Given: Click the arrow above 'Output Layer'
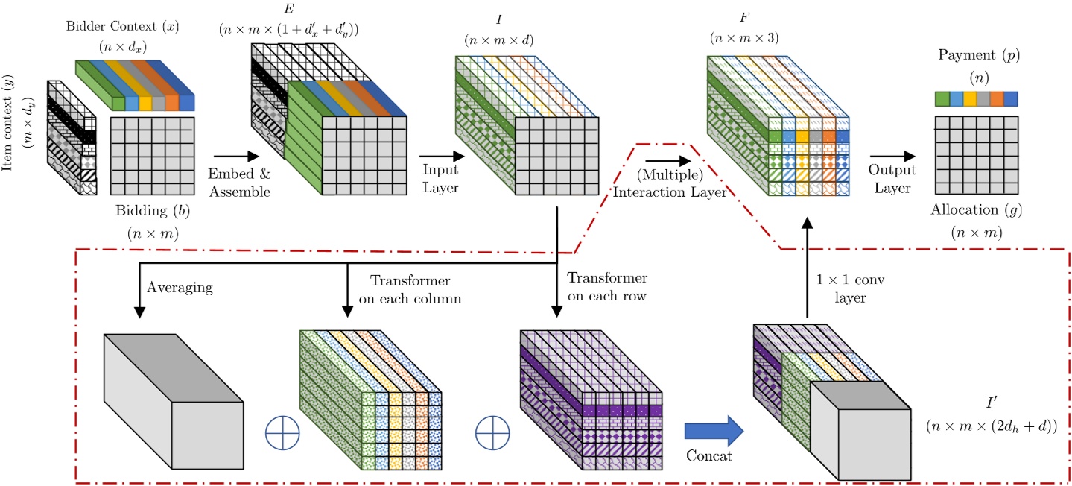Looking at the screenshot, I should tap(898, 157).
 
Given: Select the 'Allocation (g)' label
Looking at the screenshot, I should tap(976, 211).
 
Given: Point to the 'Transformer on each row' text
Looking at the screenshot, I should tap(607, 286).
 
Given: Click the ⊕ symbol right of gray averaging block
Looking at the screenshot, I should tap(282, 433).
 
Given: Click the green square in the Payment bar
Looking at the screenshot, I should tap(942, 99).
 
